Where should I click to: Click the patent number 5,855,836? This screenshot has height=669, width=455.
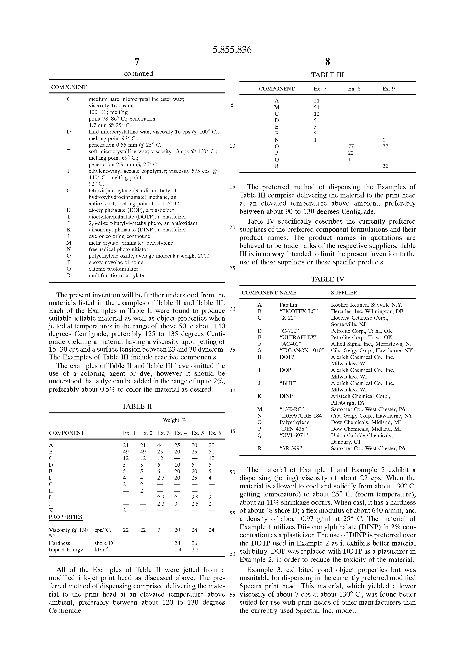[232, 50]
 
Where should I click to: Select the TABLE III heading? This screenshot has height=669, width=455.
[327, 75]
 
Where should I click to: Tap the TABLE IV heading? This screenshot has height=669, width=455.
[327, 279]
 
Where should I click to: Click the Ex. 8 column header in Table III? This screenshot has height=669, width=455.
[354, 89]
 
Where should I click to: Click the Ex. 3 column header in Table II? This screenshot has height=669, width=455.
[163, 433]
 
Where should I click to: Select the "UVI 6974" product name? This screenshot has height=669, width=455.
[294, 435]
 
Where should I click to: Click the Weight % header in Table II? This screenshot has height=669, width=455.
[174, 420]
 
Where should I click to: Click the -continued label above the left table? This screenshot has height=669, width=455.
[137, 73]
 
